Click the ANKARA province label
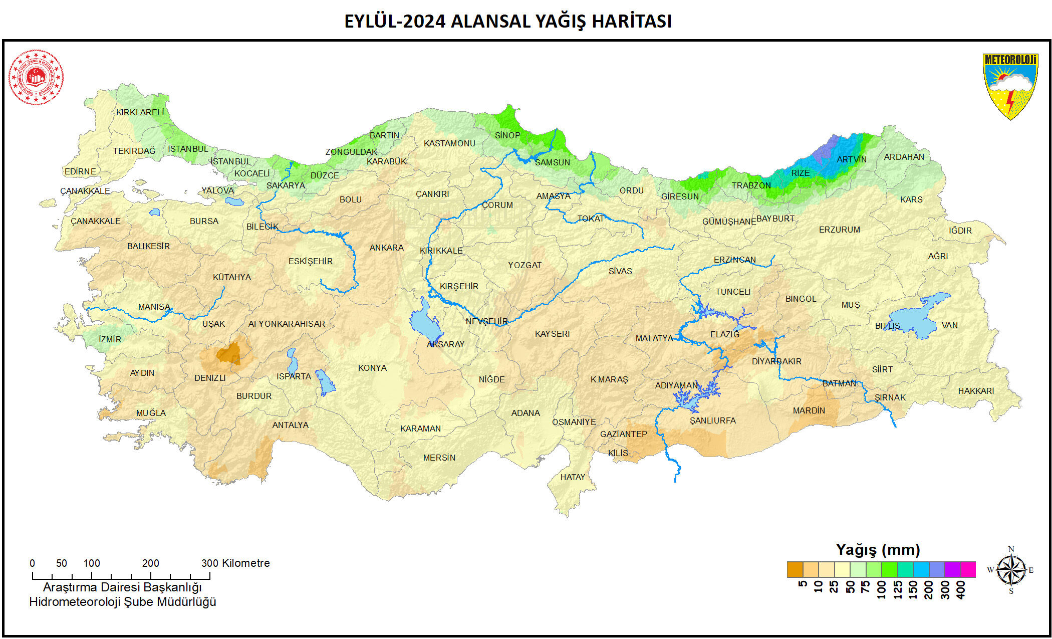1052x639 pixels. tap(386, 248)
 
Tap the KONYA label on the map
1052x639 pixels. tap(372, 368)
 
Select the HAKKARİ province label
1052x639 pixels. tap(976, 391)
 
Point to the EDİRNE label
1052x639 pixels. tap(80, 171)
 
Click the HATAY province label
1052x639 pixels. tap(573, 477)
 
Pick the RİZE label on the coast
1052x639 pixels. tap(800, 173)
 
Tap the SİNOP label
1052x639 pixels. tap(507, 135)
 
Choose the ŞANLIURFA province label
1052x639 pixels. tap(712, 420)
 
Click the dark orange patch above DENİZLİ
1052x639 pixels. tap(229, 354)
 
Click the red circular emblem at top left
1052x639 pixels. tap(36, 77)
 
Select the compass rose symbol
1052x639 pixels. tap(1011, 570)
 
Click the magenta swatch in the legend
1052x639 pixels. tap(968, 570)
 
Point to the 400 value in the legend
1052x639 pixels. tap(961, 589)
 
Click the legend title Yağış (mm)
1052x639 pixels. tap(878, 550)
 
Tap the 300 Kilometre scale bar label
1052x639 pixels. tap(235, 563)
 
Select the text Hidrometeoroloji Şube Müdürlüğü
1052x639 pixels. tap(123, 602)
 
